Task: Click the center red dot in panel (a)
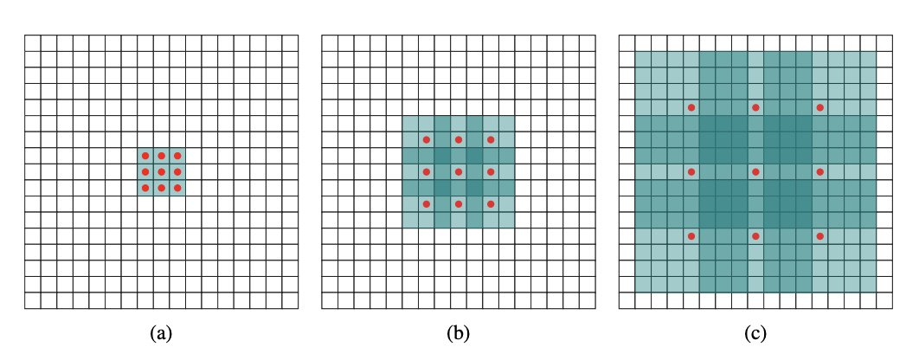(161, 171)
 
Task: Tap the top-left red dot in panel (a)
(145, 156)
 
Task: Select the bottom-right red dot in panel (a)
(177, 188)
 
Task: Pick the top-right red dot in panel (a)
(177, 156)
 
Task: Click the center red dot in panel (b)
(459, 171)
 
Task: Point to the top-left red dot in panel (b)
(427, 139)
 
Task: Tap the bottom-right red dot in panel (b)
(491, 204)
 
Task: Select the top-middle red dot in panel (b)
(459, 139)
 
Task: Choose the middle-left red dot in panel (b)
(427, 171)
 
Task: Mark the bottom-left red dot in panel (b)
(427, 204)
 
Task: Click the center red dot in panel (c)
(755, 171)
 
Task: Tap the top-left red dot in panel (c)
(691, 107)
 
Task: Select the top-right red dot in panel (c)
(819, 107)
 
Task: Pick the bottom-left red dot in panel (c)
(691, 235)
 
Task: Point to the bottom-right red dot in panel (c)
(819, 235)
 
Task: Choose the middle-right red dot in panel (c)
(819, 171)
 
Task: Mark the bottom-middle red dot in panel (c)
(755, 235)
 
